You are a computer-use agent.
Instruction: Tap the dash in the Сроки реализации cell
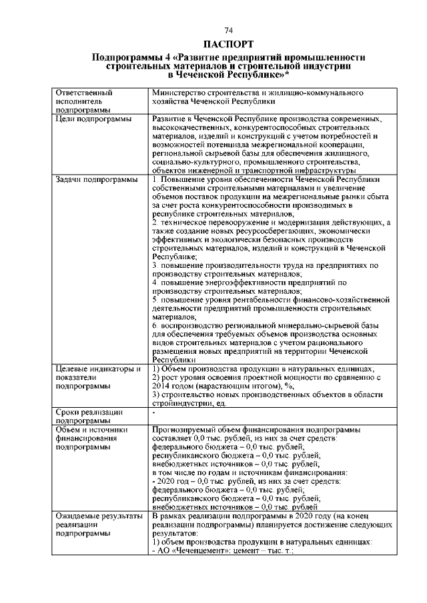point(153,413)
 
